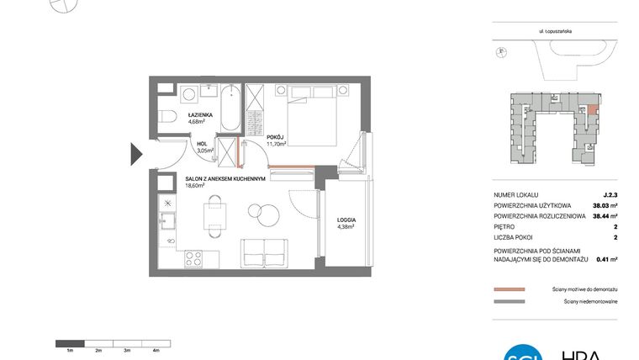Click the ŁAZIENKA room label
(x=200, y=114)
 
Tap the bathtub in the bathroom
(x=230, y=108)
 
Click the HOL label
(x=202, y=144)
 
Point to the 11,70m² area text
(x=277, y=143)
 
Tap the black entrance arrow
(x=136, y=154)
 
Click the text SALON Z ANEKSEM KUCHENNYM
(x=225, y=178)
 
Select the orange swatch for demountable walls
(x=509, y=289)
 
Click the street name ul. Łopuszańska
(x=556, y=32)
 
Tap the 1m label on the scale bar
(x=71, y=349)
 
